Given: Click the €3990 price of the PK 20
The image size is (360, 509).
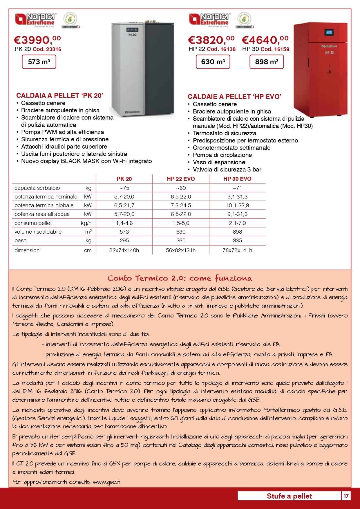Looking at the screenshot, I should [x=37, y=40].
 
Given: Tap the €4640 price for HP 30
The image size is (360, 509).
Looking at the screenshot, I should [x=265, y=40].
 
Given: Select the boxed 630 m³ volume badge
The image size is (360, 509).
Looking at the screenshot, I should [x=213, y=62].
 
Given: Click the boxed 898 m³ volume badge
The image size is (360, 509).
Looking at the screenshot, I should [x=267, y=62].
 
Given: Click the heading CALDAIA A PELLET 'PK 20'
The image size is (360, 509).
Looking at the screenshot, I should [x=60, y=95].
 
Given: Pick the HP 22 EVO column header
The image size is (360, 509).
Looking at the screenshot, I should [x=181, y=179].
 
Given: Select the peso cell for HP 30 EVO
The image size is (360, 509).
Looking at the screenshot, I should [x=237, y=241].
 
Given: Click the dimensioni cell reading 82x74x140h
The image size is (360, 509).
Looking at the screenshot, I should [x=124, y=250].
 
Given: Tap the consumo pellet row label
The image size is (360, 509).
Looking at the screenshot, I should [x=33, y=223].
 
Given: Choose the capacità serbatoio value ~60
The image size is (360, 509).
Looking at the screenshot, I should [x=181, y=188].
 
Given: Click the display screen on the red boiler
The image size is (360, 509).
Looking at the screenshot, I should [x=329, y=33].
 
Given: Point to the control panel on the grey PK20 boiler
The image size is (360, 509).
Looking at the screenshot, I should [x=132, y=30].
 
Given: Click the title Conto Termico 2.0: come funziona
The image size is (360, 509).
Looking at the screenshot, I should [x=180, y=278].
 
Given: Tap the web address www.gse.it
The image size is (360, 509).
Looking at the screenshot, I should [x=106, y=482].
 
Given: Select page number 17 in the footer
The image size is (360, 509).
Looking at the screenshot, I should [x=346, y=496].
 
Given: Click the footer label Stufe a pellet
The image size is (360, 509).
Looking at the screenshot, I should [x=289, y=496].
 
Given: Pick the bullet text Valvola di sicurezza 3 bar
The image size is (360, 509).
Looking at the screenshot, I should [x=227, y=169].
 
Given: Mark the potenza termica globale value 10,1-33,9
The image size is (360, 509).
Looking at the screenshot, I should [x=237, y=205].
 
